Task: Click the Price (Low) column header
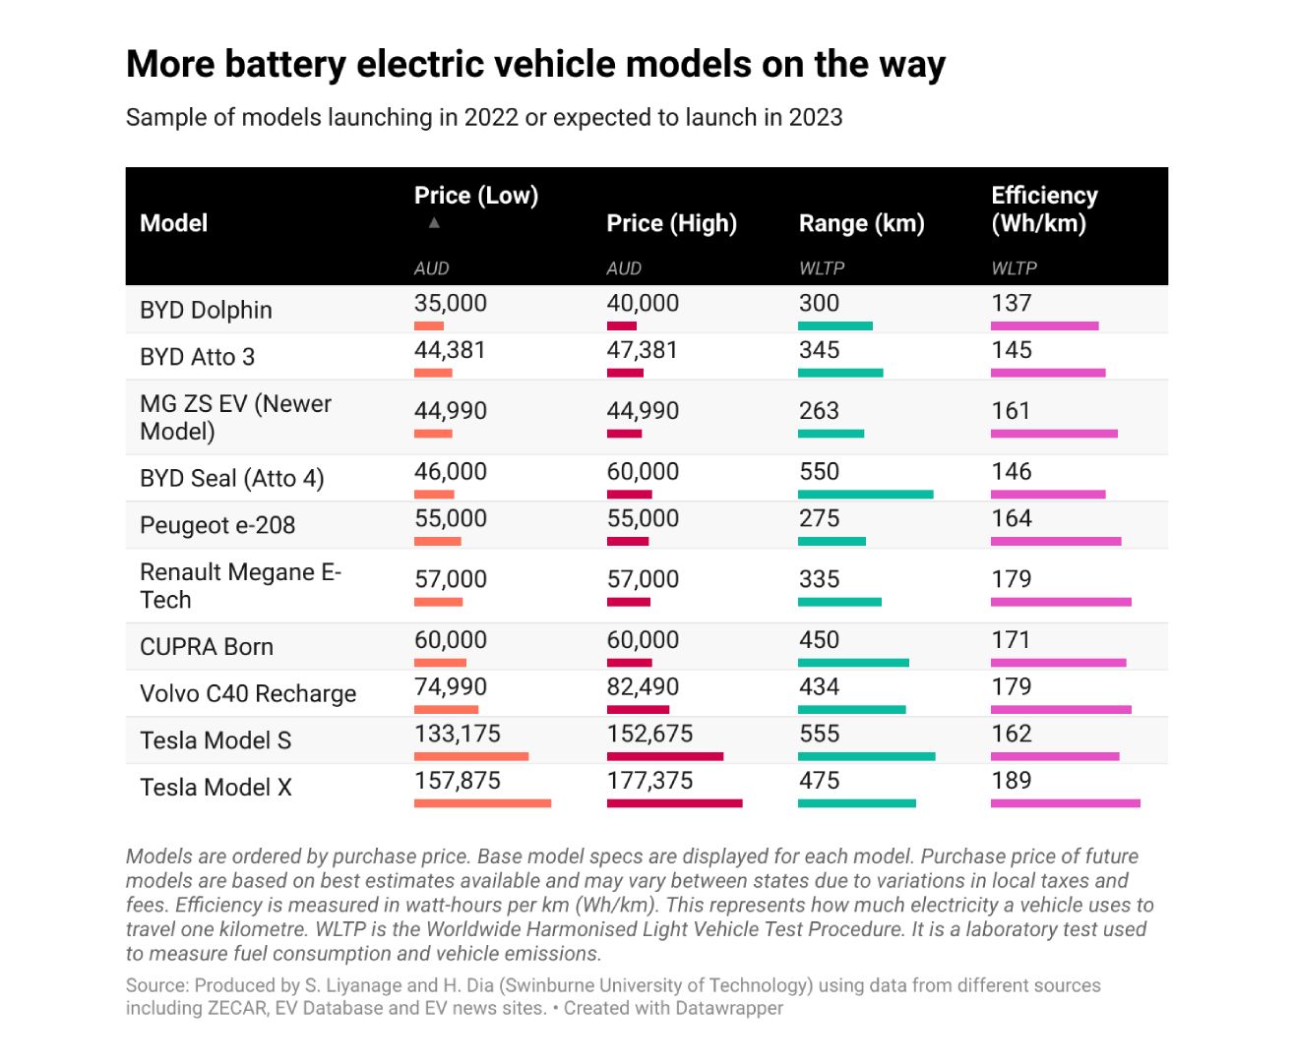pyautogui.click(x=476, y=196)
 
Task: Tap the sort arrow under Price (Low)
pyautogui.click(x=434, y=223)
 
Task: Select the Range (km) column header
pyautogui.click(x=861, y=223)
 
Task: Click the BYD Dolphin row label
pyautogui.click(x=206, y=310)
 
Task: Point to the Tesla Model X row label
pyautogui.click(x=216, y=788)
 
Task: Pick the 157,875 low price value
pyautogui.click(x=458, y=781)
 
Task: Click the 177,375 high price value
pyautogui.click(x=649, y=781)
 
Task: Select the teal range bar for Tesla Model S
pyautogui.click(x=866, y=756)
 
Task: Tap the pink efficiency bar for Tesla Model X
pyautogui.click(x=1065, y=803)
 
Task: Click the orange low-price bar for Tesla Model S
pyautogui.click(x=471, y=756)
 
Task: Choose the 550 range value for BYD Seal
pyautogui.click(x=819, y=472)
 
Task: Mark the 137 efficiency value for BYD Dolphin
pyautogui.click(x=1012, y=303)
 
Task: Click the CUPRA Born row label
pyautogui.click(x=207, y=647)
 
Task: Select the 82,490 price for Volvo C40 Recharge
pyautogui.click(x=643, y=687)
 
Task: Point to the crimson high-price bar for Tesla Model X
pyautogui.click(x=674, y=803)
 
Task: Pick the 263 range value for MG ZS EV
pyautogui.click(x=819, y=411)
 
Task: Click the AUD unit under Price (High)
pyautogui.click(x=624, y=268)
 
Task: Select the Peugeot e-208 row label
pyautogui.click(x=217, y=525)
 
